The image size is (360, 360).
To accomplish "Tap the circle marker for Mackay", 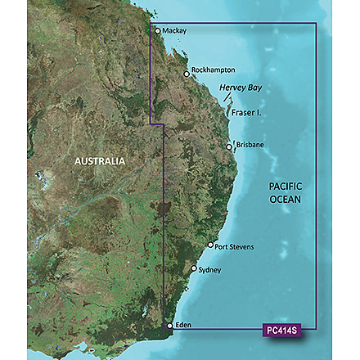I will [158, 31].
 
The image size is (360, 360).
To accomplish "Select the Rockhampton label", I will [214, 70].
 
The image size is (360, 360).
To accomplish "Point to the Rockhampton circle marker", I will [187, 74].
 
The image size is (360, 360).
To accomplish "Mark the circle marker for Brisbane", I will [230, 147].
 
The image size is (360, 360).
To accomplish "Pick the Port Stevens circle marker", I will [210, 245].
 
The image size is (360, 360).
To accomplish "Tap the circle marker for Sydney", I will [194, 268].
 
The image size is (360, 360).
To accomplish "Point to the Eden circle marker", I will [169, 326].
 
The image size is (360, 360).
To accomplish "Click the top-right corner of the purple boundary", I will [317, 25].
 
